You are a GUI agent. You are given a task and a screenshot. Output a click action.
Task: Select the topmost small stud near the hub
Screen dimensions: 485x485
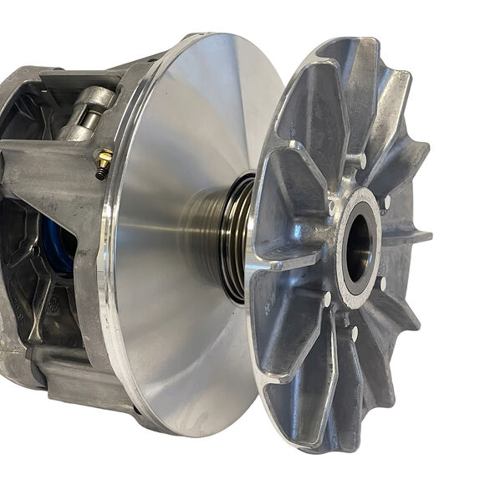360,159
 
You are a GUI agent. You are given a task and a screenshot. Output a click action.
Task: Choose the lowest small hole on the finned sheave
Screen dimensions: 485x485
354,334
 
